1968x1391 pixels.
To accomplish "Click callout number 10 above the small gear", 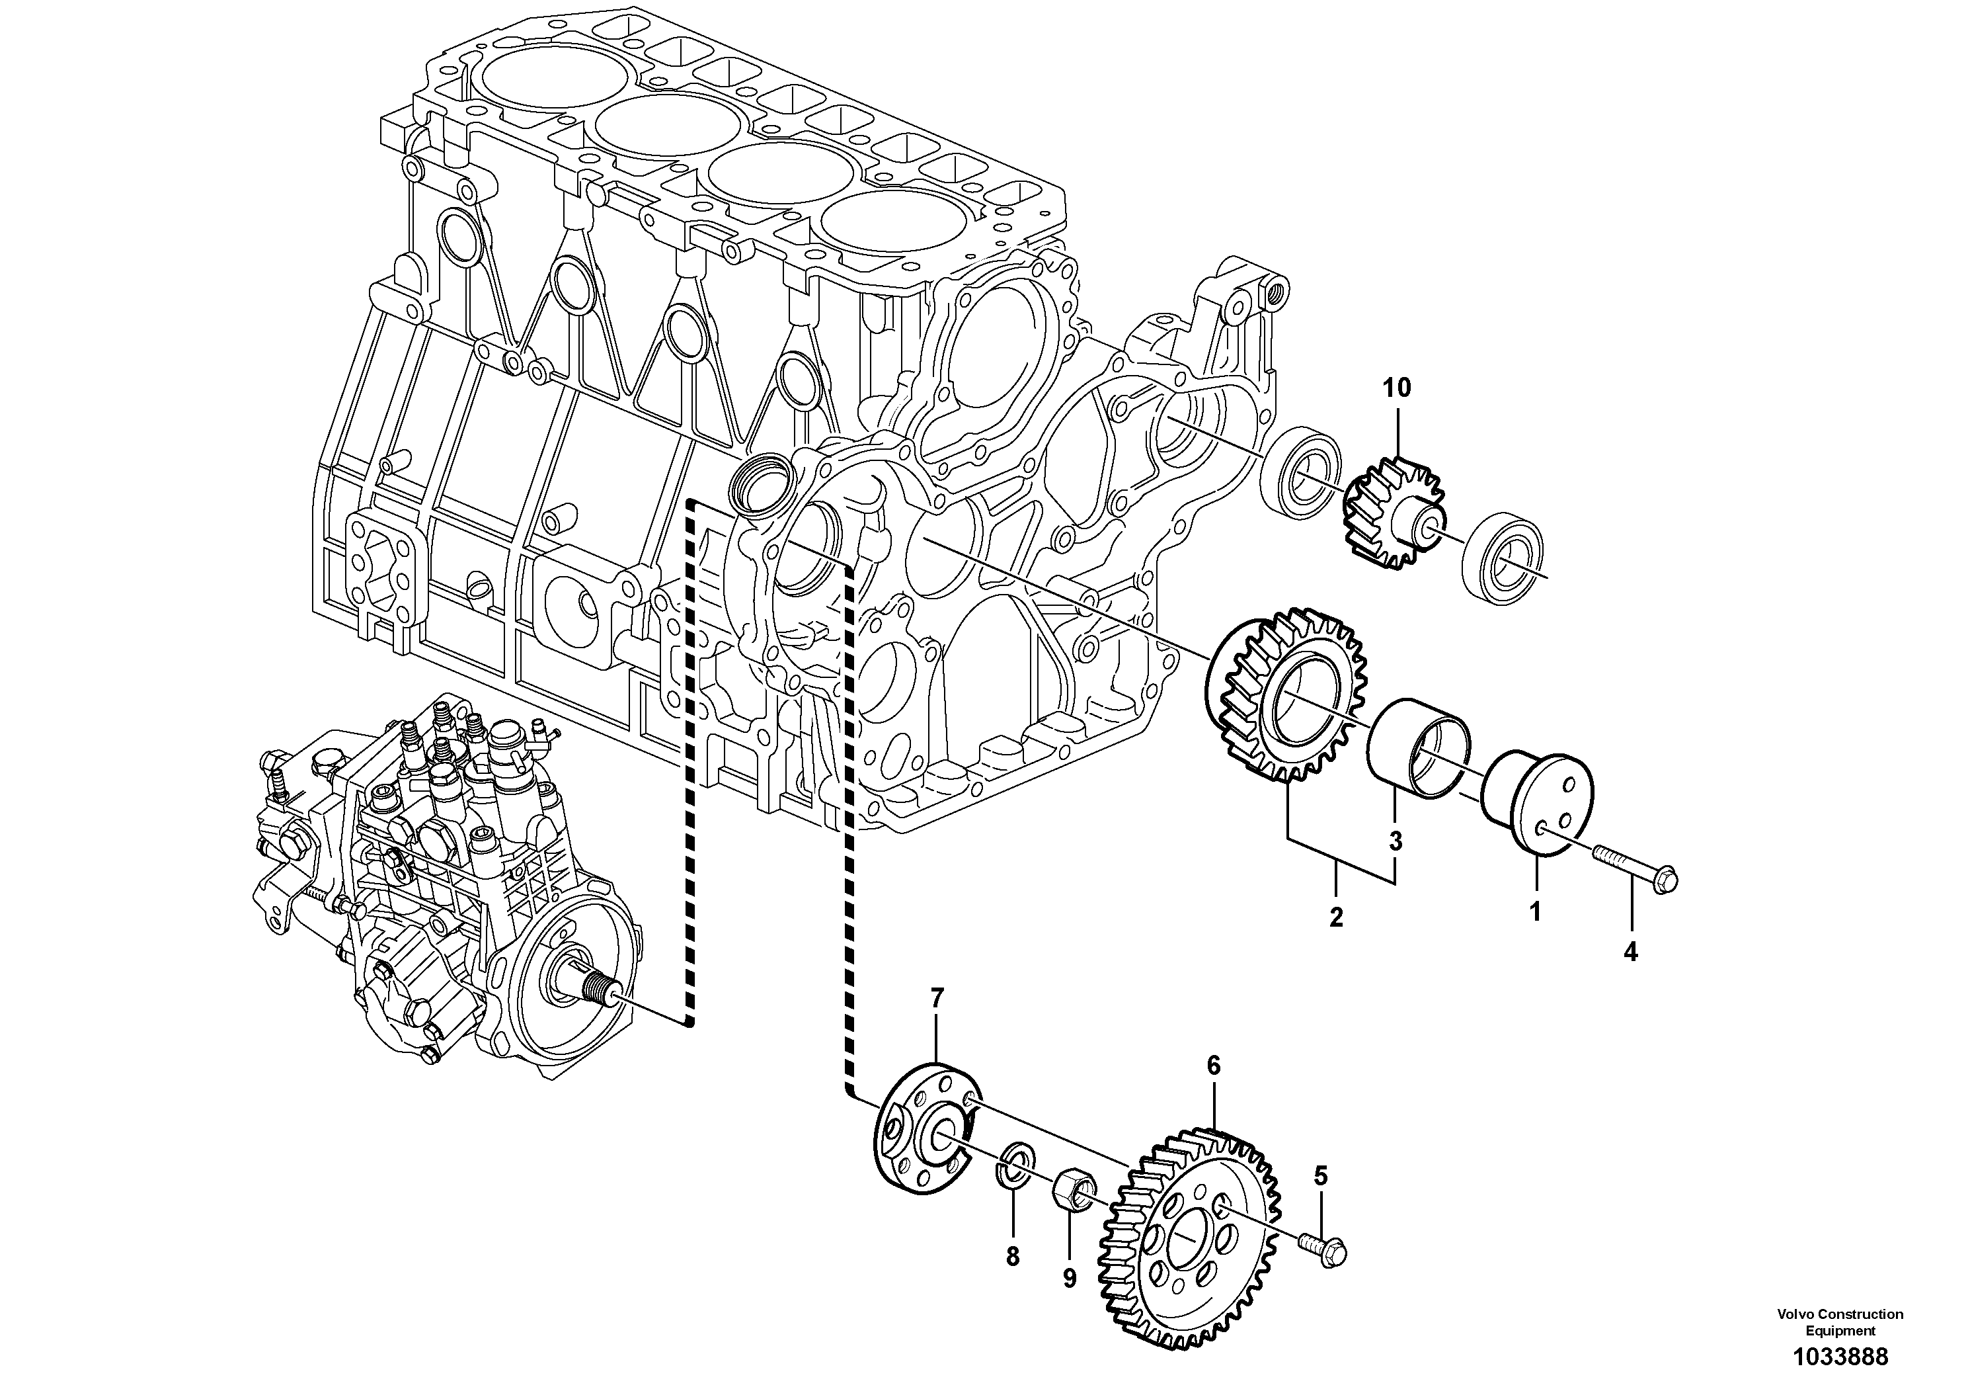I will point(1396,388).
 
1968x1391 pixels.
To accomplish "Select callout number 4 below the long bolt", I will point(1630,951).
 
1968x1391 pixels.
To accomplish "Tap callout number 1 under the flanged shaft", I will point(1535,911).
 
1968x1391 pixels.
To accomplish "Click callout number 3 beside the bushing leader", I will point(1396,842).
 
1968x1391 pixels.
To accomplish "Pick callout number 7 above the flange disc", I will point(937,998).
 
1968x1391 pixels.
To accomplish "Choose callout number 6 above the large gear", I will point(1213,1066).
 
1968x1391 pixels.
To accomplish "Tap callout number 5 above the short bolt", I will point(1320,1177).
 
